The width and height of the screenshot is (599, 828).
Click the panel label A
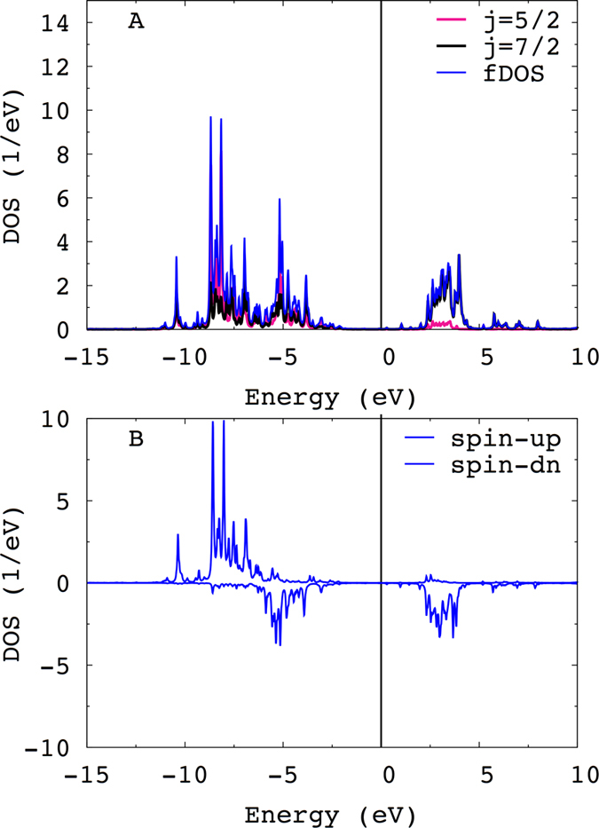[135, 22]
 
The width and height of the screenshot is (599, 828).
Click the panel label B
[135, 439]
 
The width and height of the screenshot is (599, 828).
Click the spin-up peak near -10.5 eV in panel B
[178, 535]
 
